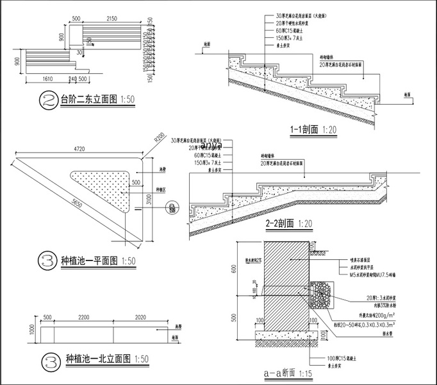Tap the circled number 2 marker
49,100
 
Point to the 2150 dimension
111,19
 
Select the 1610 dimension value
43,79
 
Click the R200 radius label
159,138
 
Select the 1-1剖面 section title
304,129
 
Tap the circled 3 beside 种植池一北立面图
49,358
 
